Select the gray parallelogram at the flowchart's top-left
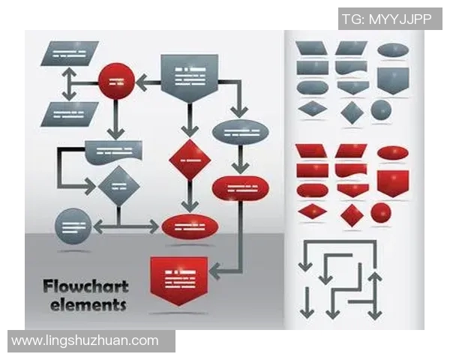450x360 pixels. coord(69,53)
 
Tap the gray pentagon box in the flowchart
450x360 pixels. coord(190,77)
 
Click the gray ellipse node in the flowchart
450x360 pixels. coord(240,132)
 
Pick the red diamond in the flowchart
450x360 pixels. coord(190,159)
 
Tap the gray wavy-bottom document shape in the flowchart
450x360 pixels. coord(114,151)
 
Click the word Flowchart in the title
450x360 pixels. coord(85,286)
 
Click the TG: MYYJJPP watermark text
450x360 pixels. coord(386,19)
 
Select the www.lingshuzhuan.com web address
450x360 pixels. coord(85,340)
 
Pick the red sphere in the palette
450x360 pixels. coord(381,213)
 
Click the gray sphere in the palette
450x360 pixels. coord(381,110)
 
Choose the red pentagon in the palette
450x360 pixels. coord(392,181)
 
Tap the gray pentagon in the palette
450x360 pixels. coord(392,79)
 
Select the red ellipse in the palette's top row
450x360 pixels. coord(392,153)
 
